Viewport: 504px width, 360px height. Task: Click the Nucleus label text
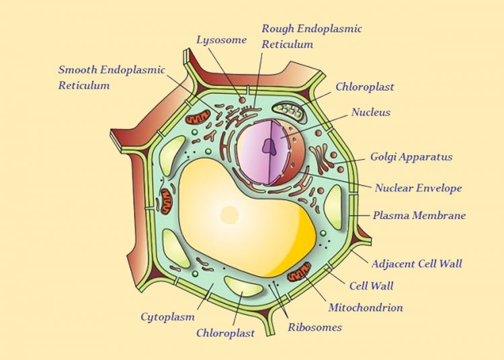point(370,112)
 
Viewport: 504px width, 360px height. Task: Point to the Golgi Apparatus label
point(411,157)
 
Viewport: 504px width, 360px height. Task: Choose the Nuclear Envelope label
point(418,188)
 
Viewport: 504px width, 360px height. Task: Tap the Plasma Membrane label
point(419,216)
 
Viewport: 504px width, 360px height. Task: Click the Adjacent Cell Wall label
point(417,263)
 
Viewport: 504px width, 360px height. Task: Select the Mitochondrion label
point(366,308)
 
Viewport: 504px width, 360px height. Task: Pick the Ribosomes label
point(314,327)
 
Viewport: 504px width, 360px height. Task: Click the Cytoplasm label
point(167,316)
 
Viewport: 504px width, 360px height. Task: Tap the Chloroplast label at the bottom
point(225,332)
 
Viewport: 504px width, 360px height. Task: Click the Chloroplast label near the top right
point(364,87)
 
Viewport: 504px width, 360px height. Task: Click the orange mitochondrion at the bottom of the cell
point(298,273)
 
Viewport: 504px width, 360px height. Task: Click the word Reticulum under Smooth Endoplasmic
point(84,85)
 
